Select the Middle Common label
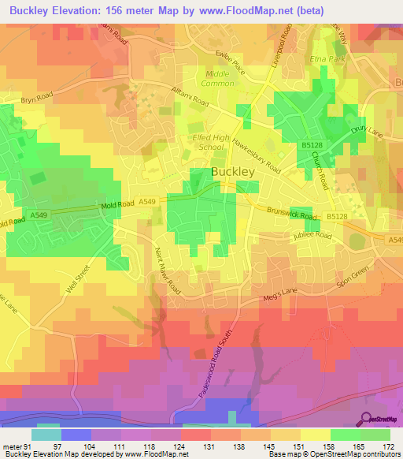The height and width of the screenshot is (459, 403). [220, 78]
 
